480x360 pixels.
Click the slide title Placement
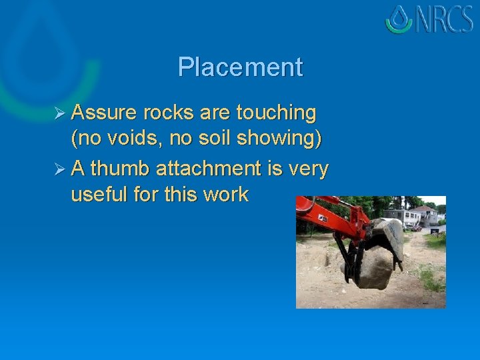tap(240, 67)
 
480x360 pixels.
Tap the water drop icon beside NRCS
tap(399, 19)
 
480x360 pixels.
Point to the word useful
tap(100, 195)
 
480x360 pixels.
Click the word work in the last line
tap(225, 195)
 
